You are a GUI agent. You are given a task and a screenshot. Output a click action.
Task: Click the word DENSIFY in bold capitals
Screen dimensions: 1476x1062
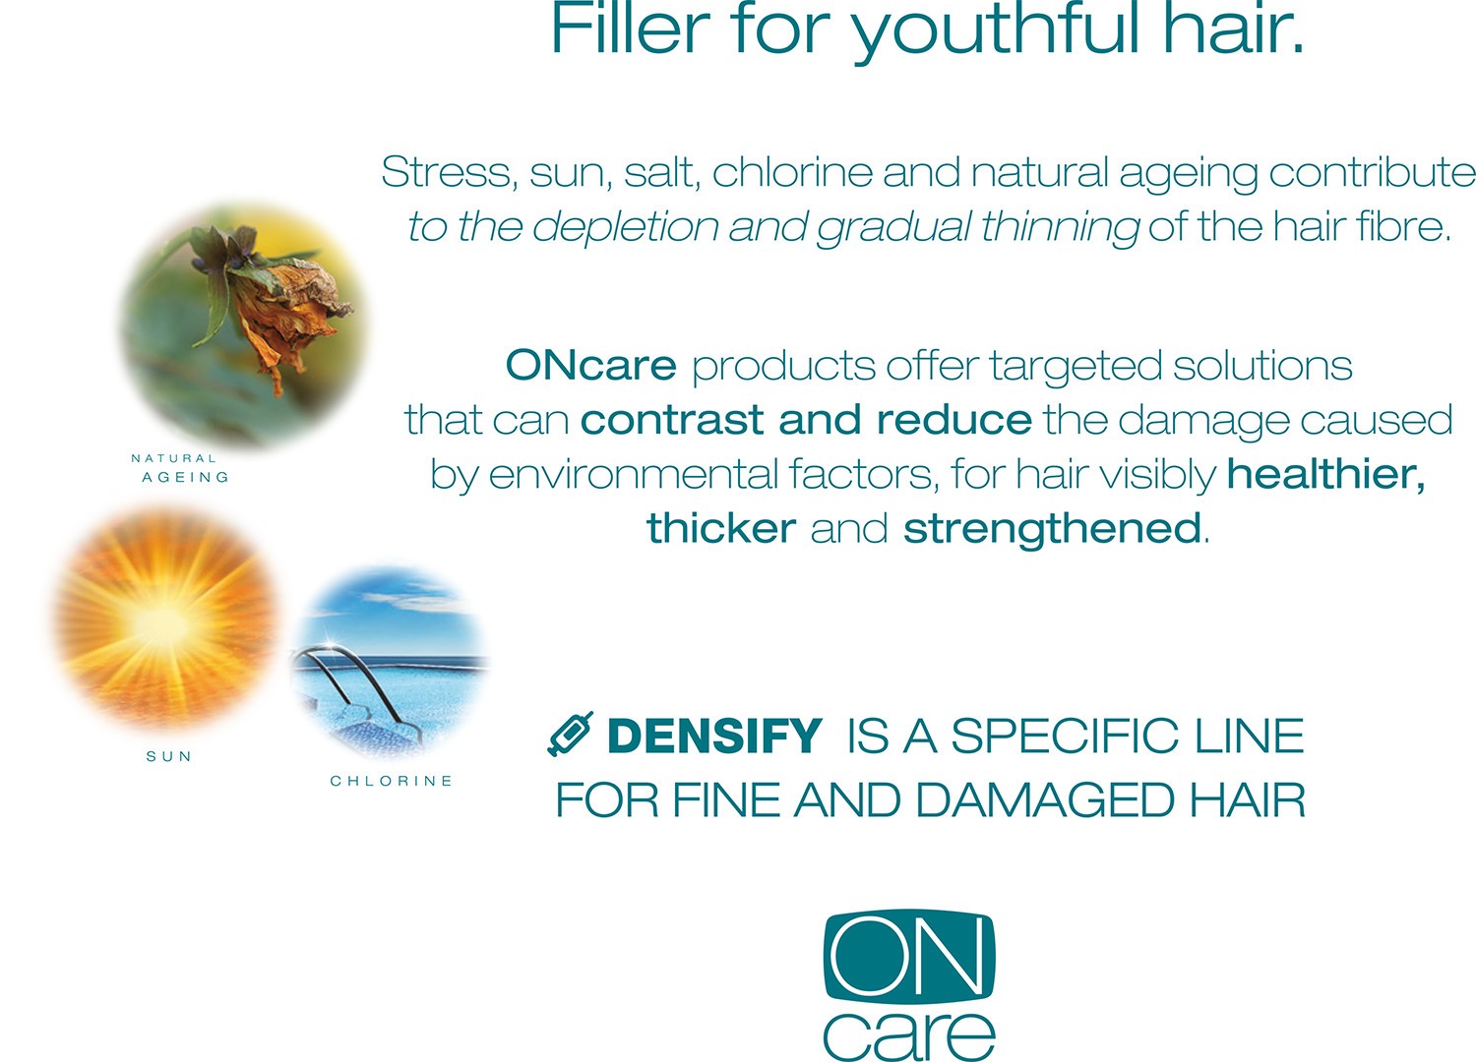tap(714, 736)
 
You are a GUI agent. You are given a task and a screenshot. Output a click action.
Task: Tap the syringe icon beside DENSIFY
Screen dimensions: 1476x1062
tap(571, 734)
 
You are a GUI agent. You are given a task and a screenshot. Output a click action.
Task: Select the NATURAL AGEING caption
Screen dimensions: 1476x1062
tap(180, 467)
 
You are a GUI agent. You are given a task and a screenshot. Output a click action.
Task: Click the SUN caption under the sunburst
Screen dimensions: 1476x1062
tap(169, 756)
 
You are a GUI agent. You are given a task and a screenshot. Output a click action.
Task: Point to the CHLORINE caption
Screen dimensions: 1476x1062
tap(392, 781)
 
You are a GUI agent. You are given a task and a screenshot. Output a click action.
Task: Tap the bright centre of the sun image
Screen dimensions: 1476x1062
tap(162, 622)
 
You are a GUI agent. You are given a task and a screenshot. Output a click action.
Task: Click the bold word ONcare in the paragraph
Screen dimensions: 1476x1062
tap(591, 365)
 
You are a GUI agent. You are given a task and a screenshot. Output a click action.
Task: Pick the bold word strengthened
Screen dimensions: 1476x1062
tap(1052, 528)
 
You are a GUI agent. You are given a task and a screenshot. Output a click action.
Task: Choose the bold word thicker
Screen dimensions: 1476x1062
tap(721, 528)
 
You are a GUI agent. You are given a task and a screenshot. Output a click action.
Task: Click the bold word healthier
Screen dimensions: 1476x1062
tap(1325, 473)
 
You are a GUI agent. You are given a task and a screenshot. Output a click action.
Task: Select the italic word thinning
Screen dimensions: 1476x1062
tap(1060, 226)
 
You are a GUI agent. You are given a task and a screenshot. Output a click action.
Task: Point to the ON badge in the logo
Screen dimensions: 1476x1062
tap(908, 955)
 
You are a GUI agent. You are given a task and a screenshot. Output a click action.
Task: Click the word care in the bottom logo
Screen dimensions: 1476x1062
tap(908, 1034)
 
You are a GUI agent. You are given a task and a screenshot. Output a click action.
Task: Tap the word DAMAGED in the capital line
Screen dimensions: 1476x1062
tap(1044, 800)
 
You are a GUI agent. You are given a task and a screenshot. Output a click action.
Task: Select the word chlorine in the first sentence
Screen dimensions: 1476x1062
tap(792, 172)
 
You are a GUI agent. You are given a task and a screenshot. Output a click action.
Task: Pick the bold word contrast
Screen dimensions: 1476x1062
tap(671, 420)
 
